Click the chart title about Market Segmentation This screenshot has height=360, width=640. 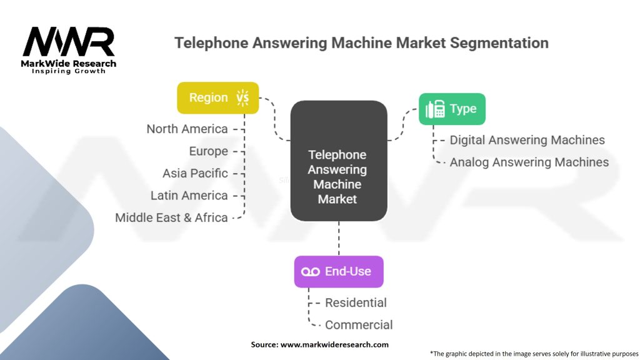pos(361,43)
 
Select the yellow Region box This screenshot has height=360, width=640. pos(217,97)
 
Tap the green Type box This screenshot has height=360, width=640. pos(451,109)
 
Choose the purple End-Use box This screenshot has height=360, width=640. pos(338,271)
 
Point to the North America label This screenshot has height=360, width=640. pos(187,129)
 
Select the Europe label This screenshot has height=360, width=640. pos(208,151)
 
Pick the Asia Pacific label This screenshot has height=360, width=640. pos(195,173)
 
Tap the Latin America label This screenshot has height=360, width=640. pos(189,196)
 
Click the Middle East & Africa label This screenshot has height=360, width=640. pos(171,217)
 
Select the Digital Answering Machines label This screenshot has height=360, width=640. pos(527,140)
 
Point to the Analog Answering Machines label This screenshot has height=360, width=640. pos(529,162)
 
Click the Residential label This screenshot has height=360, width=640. pos(356,302)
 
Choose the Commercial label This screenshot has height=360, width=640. pos(359,325)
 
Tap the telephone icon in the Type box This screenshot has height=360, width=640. pos(435,109)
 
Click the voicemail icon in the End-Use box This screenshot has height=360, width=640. pos(311,272)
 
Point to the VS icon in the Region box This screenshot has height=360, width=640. pos(242,97)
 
